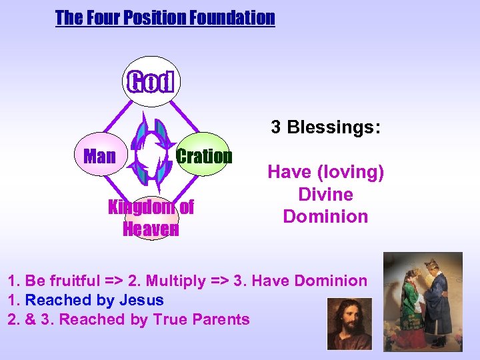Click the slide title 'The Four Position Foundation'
pyautogui.click(x=165, y=18)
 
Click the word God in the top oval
pyautogui.click(x=151, y=82)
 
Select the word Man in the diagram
pyautogui.click(x=99, y=157)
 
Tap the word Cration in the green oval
pyautogui.click(x=204, y=157)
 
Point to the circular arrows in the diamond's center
pyautogui.click(x=151, y=155)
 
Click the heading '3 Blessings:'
pyautogui.click(x=325, y=127)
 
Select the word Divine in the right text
pyautogui.click(x=325, y=195)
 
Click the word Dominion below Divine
pyautogui.click(x=325, y=217)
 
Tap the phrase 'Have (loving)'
pyautogui.click(x=325, y=173)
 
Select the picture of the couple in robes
pyautogui.click(x=423, y=300)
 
